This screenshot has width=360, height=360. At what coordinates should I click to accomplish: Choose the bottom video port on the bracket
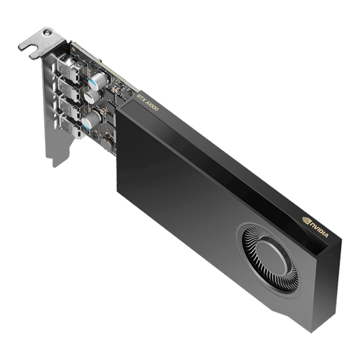[67, 124]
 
